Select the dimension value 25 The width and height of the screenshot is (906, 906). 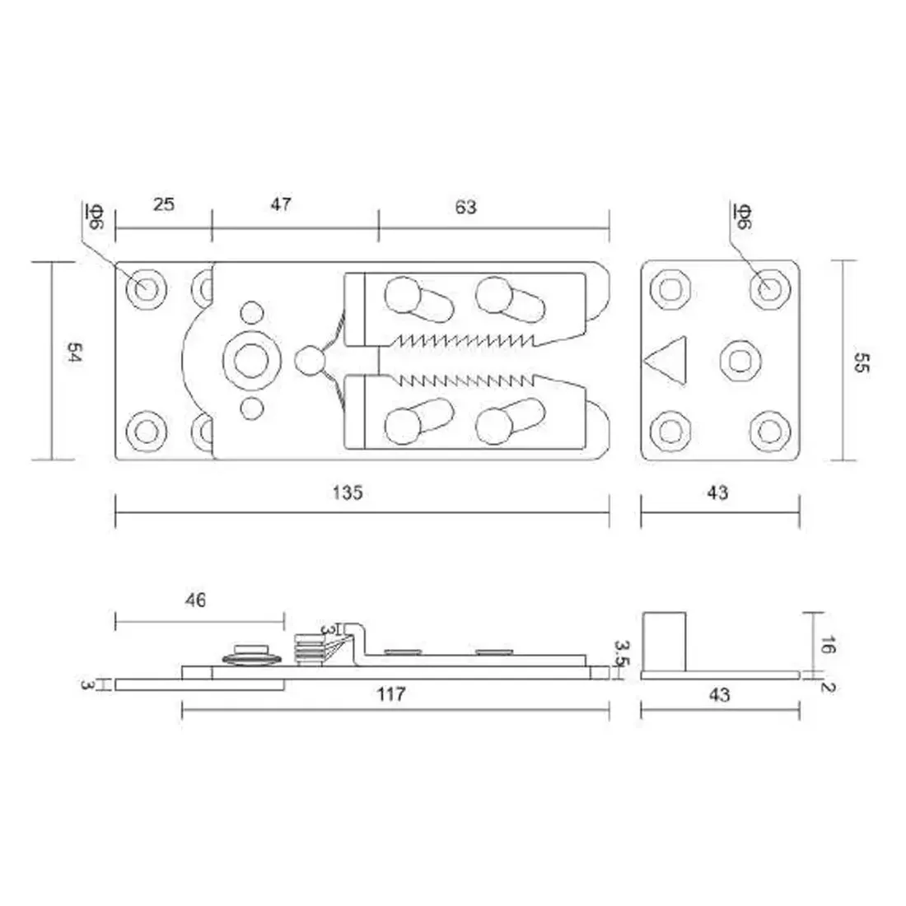pos(164,203)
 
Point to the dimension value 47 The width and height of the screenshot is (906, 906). pos(281,203)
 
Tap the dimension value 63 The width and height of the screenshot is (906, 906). pos(465,206)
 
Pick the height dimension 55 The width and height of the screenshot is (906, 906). pos(861,363)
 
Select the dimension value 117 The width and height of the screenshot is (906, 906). pos(391,694)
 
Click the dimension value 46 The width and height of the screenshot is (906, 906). pos(195,600)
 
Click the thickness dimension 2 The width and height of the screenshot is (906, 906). pos(828,683)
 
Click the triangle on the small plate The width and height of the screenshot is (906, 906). pos(665,360)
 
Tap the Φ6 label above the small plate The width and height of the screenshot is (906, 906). pos(742,217)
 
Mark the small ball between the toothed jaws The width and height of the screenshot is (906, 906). pos(308,360)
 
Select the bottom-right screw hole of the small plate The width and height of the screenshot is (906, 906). pos(768,431)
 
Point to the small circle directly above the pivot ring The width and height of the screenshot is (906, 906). pos(252,313)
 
